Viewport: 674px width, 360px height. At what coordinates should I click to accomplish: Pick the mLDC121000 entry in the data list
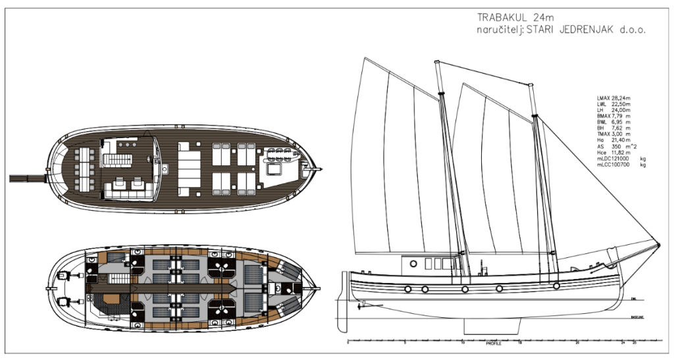(x=611, y=159)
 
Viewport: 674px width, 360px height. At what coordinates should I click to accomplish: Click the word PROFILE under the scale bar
(x=493, y=344)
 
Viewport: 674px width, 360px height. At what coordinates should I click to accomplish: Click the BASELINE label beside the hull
(x=636, y=317)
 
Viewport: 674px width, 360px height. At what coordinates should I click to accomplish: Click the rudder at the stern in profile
(x=343, y=296)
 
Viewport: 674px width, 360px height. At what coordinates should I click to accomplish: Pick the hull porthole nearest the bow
(x=557, y=286)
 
